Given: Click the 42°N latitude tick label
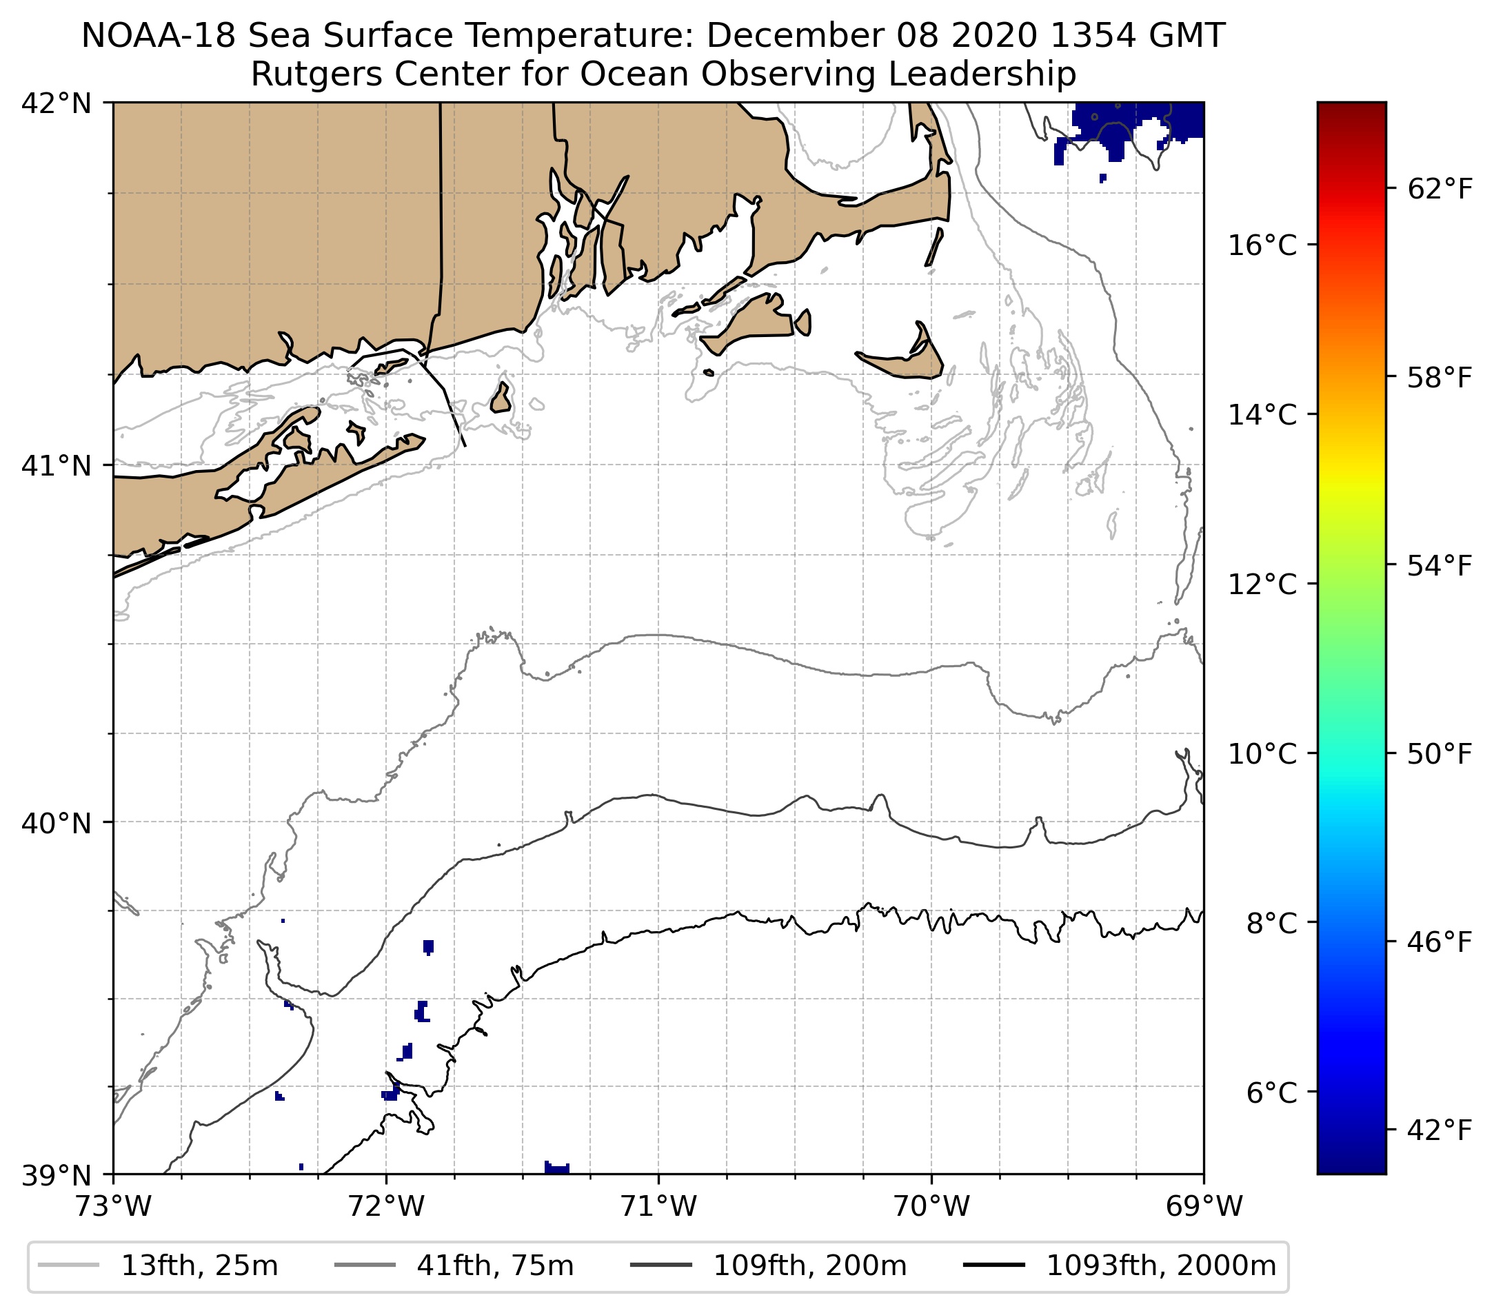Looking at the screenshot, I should coord(57,104).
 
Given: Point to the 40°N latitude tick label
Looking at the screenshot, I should coord(57,823).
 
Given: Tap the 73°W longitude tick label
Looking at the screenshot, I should coord(113,1206).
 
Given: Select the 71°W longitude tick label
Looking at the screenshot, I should coord(658,1206).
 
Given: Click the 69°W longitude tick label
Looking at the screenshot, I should coord(1204,1206).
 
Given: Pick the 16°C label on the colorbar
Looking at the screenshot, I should coord(1262,245).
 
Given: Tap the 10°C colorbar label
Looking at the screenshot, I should coord(1262,753).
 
